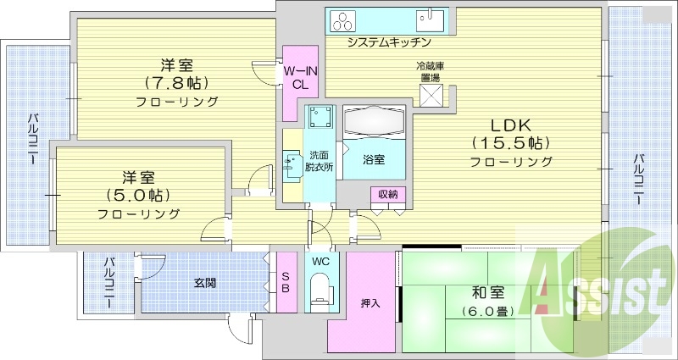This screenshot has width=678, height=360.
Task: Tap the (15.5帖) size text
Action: point(511,141)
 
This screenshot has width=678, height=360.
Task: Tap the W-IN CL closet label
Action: point(300,77)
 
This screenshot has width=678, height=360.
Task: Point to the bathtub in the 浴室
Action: point(376,122)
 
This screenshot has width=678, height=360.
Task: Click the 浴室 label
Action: point(374,159)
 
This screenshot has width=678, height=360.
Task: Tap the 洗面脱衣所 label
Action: point(320,161)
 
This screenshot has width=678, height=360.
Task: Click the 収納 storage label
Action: point(388,194)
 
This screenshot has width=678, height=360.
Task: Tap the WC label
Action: point(320,262)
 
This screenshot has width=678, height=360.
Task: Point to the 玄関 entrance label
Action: point(203,283)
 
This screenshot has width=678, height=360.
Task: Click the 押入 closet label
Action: point(370,303)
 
